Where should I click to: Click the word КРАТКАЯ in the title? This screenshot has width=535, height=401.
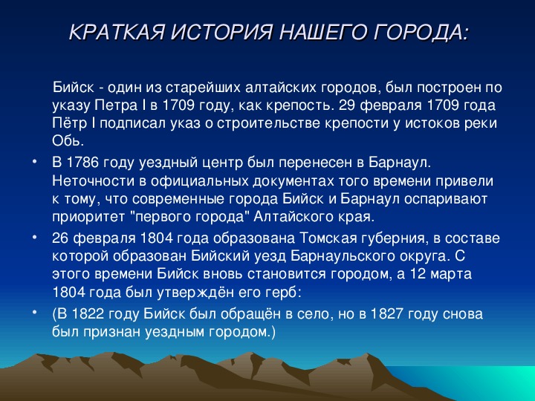(117, 33)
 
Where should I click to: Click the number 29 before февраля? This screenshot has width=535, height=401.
(347, 105)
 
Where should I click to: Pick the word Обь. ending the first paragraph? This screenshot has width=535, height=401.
(68, 141)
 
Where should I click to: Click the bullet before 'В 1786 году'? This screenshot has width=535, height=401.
(34, 161)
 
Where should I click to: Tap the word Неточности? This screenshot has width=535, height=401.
(94, 181)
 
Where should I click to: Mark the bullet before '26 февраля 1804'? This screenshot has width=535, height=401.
(34, 237)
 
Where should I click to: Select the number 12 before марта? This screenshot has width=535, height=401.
(418, 274)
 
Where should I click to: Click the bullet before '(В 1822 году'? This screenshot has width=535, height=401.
(34, 313)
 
